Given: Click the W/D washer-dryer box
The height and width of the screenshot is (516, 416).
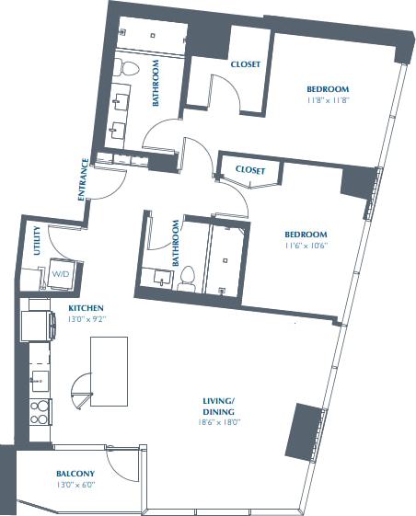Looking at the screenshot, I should (60, 274).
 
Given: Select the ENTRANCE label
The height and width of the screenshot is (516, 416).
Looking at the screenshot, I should (84, 179).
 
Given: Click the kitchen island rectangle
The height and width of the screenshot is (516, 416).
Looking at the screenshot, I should (108, 371).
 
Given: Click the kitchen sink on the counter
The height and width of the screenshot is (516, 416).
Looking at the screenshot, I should (39, 378).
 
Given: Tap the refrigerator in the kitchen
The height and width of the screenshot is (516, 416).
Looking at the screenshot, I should (38, 326).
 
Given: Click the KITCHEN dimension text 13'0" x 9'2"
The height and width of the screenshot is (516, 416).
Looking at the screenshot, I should (86, 320).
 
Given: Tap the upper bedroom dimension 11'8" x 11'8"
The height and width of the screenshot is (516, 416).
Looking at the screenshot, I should (328, 100).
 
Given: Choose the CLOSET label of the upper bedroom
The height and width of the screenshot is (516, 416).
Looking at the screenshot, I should (246, 64).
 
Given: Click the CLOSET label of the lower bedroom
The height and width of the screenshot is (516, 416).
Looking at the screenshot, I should (250, 170).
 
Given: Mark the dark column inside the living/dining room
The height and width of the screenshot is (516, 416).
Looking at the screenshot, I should (302, 431).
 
